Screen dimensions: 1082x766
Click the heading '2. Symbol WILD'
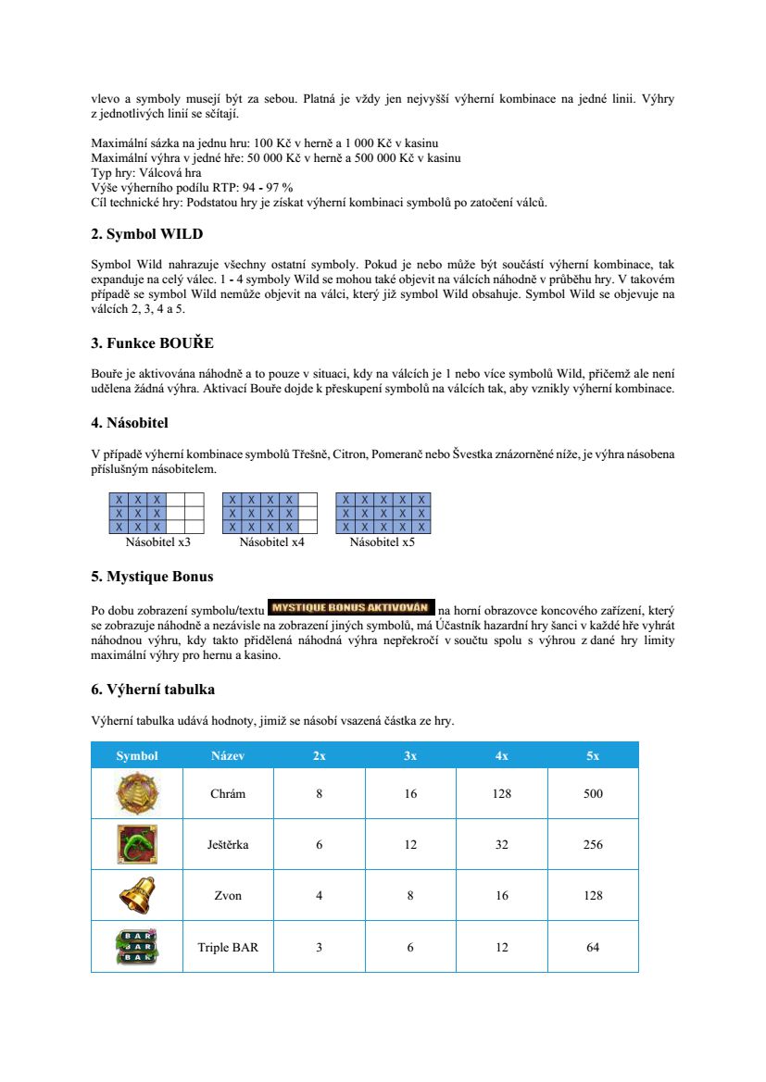[146, 234]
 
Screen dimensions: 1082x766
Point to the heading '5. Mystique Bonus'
[152, 577]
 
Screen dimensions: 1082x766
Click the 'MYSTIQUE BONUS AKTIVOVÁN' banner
[351, 608]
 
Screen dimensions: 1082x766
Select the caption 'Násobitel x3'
[157, 542]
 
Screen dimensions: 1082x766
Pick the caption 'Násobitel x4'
[271, 542]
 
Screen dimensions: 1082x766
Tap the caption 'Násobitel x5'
[382, 542]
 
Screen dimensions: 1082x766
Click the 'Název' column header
[228, 755]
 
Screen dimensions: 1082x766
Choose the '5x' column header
[593, 755]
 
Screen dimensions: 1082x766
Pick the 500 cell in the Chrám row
[593, 793]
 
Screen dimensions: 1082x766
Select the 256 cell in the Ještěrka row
[593, 844]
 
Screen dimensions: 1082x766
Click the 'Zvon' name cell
[228, 895]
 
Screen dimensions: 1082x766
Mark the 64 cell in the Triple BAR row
[593, 947]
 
